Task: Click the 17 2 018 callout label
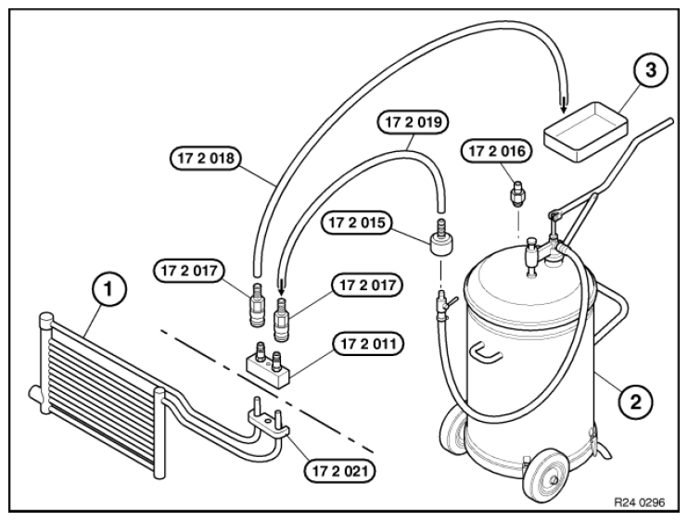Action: [x=206, y=158]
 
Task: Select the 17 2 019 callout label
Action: [x=413, y=122]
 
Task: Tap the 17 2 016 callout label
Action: [x=497, y=151]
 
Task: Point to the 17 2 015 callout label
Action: [x=356, y=222]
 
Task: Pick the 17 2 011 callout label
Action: [x=368, y=344]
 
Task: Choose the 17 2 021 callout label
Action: [x=339, y=472]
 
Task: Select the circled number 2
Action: [x=635, y=401]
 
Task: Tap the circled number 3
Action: [x=650, y=70]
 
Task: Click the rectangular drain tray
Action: [x=586, y=132]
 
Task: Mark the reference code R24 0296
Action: [x=639, y=502]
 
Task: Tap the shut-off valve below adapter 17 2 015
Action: [x=444, y=304]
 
